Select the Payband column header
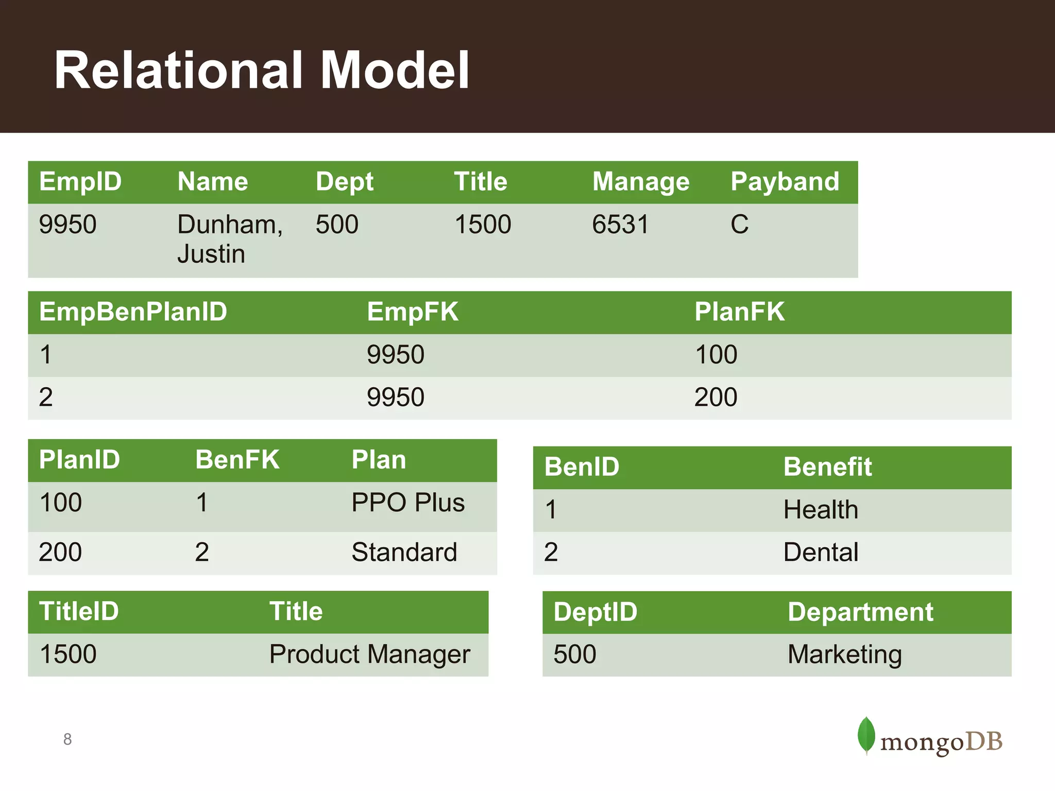(785, 182)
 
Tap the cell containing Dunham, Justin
(230, 239)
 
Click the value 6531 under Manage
(620, 225)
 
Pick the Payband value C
(739, 225)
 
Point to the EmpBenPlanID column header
(133, 312)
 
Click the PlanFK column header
(739, 312)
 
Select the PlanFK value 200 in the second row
(716, 398)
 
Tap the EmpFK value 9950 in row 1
(395, 355)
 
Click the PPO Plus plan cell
(407, 503)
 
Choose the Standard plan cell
(404, 553)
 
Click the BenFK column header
(237, 460)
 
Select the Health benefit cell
(821, 510)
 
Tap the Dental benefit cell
(821, 553)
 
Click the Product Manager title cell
(369, 655)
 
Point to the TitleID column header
(79, 612)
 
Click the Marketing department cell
(844, 655)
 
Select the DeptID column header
(595, 612)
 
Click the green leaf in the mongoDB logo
(866, 735)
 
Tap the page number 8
(67, 740)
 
